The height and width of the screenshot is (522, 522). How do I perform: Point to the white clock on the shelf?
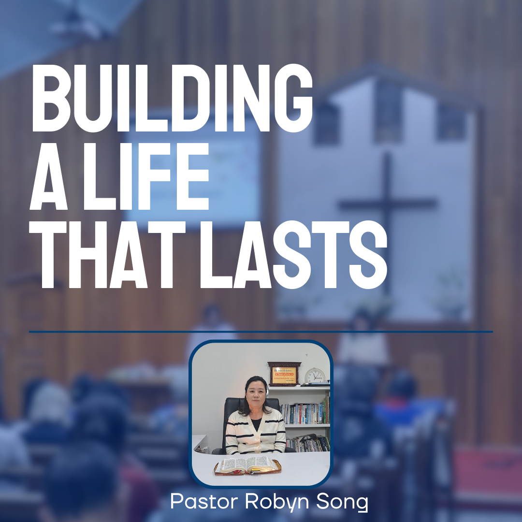[315, 376]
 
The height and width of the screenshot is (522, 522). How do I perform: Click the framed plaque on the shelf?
[284, 374]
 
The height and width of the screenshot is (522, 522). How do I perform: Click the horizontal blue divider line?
[261, 332]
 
